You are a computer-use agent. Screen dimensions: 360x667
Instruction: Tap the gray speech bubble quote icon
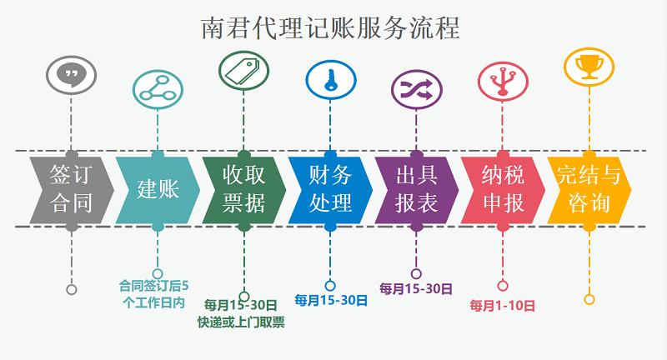click(71, 75)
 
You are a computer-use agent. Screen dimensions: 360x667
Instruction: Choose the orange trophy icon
click(589, 65)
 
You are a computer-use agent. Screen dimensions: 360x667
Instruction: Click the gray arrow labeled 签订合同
click(71, 188)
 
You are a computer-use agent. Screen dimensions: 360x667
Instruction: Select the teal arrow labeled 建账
click(158, 188)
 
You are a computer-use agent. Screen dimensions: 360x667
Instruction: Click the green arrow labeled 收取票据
click(243, 188)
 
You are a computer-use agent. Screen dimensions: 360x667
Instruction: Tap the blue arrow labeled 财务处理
click(330, 188)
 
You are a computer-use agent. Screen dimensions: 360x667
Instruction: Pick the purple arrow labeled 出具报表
click(416, 188)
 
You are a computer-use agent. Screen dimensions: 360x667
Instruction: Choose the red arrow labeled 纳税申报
click(503, 188)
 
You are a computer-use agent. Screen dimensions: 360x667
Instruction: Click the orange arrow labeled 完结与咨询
click(589, 188)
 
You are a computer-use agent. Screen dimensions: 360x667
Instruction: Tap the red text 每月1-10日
click(502, 306)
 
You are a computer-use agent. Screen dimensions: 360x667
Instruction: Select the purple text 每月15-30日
click(416, 289)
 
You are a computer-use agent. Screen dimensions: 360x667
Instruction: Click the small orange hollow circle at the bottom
click(589, 299)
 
